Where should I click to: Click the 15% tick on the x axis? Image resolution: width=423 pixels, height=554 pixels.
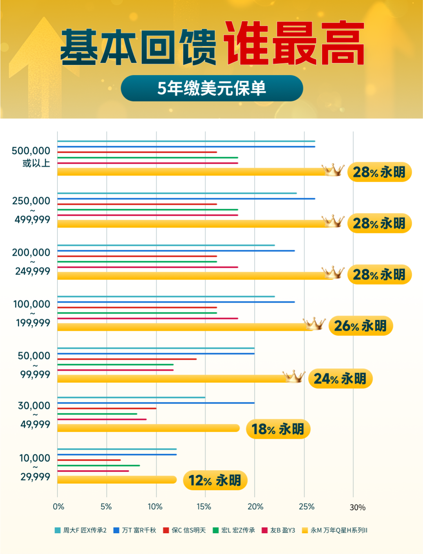(204, 507)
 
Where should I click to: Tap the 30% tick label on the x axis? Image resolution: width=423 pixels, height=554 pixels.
(357, 507)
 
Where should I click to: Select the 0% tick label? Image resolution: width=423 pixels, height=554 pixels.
(58, 507)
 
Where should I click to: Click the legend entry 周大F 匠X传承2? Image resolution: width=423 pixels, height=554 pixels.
(81, 531)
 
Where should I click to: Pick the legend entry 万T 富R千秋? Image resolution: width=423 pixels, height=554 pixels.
(135, 531)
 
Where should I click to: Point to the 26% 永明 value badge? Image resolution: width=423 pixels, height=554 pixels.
(360, 326)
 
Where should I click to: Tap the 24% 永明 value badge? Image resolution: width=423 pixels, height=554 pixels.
(340, 379)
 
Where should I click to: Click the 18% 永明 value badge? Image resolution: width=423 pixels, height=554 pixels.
(278, 429)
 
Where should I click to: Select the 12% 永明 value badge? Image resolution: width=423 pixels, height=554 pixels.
(215, 480)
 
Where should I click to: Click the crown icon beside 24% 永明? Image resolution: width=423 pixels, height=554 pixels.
(294, 377)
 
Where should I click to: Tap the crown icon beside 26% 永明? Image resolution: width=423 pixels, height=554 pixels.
(314, 324)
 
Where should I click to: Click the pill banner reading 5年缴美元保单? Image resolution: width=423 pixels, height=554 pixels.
(211, 88)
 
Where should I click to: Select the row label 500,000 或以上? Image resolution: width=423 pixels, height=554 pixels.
(31, 157)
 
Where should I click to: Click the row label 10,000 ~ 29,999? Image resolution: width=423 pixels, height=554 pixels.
(35, 467)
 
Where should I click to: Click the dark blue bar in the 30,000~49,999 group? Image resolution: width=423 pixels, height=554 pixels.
(156, 403)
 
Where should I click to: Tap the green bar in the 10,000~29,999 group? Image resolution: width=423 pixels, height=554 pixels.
(99, 466)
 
